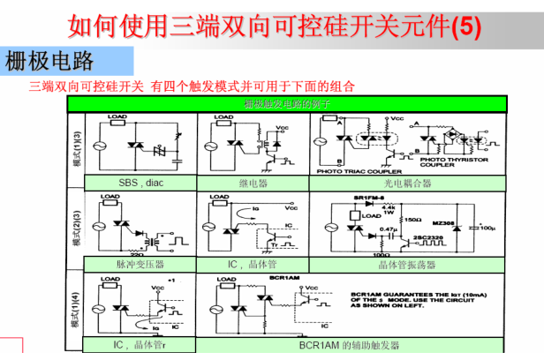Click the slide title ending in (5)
(275, 26)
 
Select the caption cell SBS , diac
(141, 184)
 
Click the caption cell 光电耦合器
(407, 184)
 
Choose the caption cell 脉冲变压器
(140, 264)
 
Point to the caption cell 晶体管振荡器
(407, 264)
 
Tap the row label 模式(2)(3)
(77, 225)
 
